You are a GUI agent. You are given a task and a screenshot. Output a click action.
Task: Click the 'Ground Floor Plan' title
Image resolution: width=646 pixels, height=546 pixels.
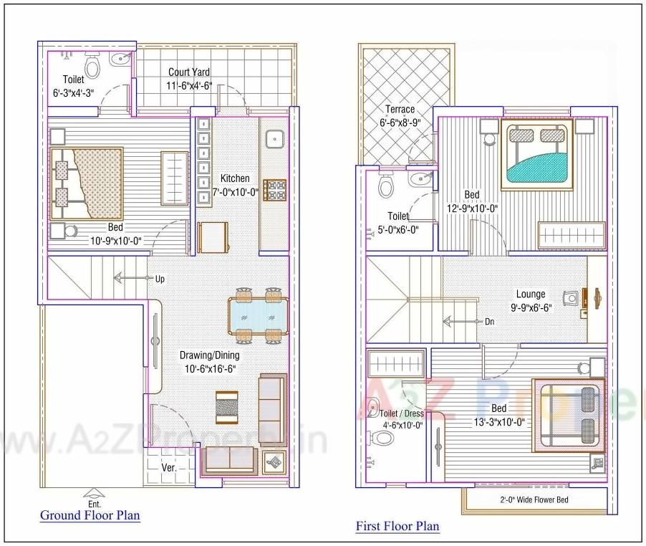(x=90, y=515)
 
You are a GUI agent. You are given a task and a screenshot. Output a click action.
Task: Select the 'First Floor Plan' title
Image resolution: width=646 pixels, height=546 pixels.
(x=397, y=527)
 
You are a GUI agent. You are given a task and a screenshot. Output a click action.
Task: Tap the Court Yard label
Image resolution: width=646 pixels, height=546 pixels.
(x=189, y=72)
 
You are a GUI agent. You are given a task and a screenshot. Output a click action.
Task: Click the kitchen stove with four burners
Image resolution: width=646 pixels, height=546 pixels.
(x=275, y=191)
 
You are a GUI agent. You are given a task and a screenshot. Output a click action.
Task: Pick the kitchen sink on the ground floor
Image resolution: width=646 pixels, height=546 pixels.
(x=274, y=138)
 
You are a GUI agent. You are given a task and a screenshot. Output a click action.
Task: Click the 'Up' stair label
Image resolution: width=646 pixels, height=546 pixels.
(x=160, y=279)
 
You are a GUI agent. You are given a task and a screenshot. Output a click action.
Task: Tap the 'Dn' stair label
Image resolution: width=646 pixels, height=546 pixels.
(x=489, y=322)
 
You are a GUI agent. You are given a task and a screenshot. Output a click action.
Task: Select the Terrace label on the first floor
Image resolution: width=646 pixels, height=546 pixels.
(x=400, y=110)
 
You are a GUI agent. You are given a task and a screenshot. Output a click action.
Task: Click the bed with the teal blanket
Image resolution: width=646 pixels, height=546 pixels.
(x=537, y=156)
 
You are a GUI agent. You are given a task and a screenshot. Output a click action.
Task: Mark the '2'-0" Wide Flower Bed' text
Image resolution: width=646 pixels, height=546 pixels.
(x=534, y=499)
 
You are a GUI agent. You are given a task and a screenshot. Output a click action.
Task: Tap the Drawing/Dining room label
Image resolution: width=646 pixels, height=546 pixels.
(x=210, y=355)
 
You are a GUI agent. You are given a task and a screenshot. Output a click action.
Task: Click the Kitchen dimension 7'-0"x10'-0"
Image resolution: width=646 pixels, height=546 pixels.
(x=235, y=191)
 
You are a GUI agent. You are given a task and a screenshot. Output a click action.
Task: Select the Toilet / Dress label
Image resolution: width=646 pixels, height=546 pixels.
(x=401, y=413)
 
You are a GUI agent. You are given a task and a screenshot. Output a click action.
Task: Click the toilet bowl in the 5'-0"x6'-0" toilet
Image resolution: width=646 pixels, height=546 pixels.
(x=386, y=186)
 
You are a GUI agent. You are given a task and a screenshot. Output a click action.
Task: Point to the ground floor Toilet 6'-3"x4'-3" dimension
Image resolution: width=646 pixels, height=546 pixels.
(x=73, y=92)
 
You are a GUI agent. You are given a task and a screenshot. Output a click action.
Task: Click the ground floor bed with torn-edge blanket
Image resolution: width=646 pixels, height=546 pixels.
(x=86, y=183)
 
